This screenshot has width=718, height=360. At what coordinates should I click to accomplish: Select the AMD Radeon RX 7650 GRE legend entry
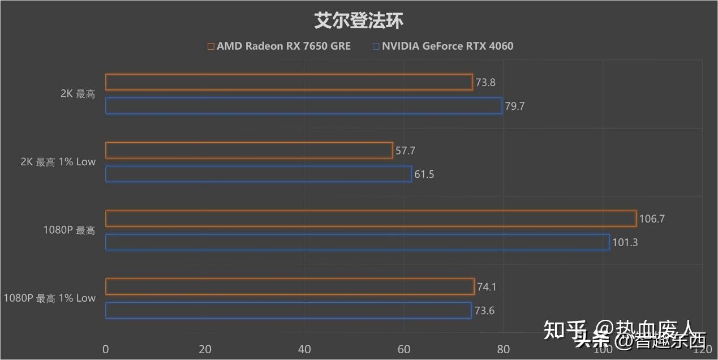tap(279, 46)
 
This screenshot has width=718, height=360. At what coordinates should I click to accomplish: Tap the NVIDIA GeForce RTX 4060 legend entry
tap(443, 46)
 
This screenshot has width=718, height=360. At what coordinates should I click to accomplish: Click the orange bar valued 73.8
tap(289, 82)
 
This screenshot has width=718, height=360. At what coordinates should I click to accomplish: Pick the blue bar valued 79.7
tap(303, 106)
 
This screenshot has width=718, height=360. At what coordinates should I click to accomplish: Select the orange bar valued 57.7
tap(249, 151)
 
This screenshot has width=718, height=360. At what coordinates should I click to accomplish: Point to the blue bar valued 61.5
tap(258, 174)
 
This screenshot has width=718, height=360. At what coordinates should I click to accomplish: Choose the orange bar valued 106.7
tap(371, 218)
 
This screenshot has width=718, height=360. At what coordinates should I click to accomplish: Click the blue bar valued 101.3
tap(357, 242)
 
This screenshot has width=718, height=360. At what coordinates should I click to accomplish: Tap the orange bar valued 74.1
tap(290, 287)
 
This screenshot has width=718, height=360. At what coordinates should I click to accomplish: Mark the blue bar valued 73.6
tap(288, 310)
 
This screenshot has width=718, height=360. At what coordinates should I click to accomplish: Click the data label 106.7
tap(652, 218)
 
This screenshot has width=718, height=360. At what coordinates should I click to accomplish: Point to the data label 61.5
tap(424, 174)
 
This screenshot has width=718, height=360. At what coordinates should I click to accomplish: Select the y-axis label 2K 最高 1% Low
tap(58, 162)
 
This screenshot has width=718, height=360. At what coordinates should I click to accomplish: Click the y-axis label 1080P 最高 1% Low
tap(50, 298)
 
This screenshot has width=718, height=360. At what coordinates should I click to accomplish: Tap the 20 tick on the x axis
tap(205, 349)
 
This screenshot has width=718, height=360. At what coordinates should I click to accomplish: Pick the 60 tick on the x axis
tap(404, 349)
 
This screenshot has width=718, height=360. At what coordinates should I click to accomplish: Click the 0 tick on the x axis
tap(106, 349)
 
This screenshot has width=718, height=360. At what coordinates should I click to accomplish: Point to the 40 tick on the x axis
tap(304, 349)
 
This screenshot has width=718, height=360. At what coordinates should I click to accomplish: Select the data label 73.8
tap(485, 83)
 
